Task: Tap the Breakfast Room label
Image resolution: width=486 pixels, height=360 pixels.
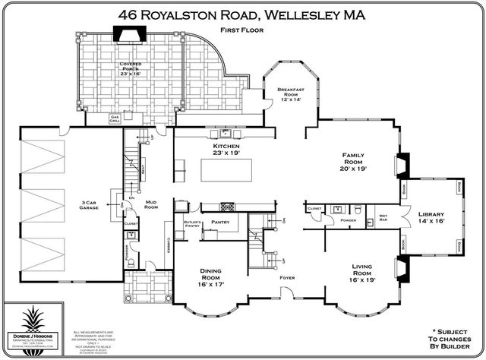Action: (292, 94)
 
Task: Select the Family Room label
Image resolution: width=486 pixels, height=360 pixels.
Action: (354, 162)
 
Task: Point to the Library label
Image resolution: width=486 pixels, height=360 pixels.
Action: (431, 217)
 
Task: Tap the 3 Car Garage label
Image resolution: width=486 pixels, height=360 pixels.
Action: (93, 207)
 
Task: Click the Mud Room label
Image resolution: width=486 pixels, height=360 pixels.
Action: (151, 204)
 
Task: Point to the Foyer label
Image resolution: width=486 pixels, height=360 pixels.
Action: (286, 278)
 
